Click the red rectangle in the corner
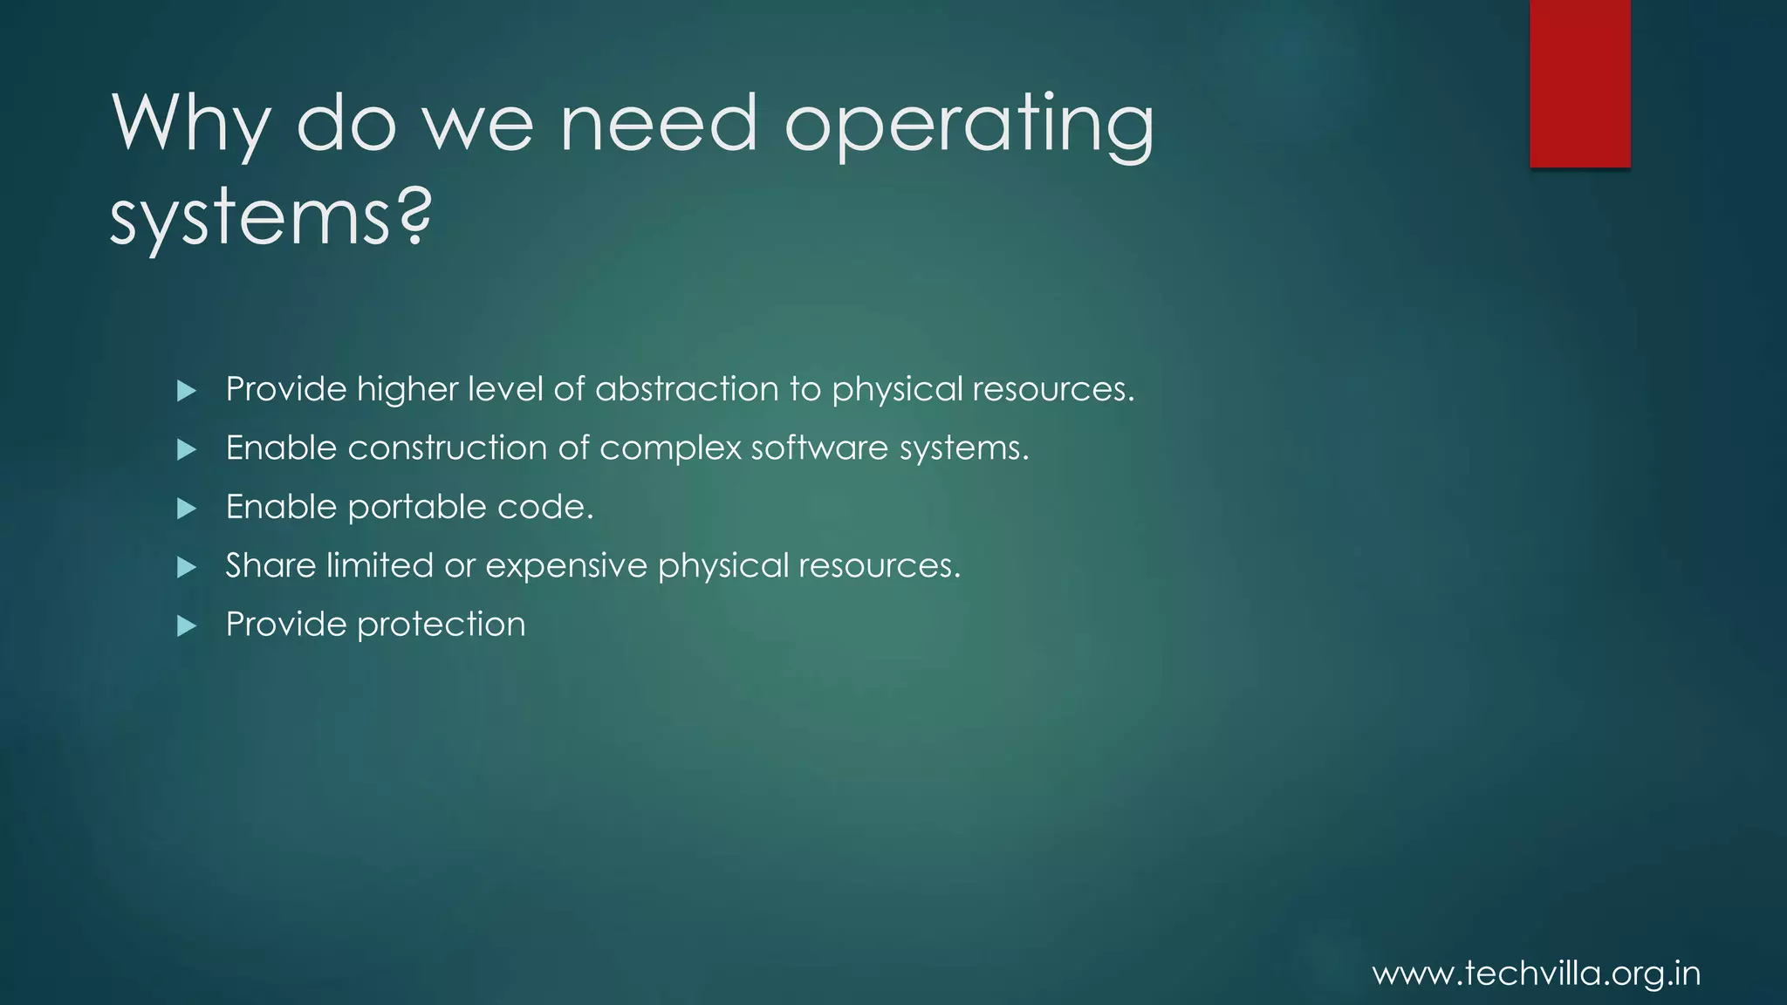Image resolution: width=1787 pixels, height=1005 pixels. click(x=1579, y=83)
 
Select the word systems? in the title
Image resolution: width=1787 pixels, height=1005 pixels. click(x=270, y=218)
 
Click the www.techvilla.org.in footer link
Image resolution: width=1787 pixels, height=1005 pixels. click(x=1537, y=974)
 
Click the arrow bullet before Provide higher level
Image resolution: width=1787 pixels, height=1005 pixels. click(x=186, y=391)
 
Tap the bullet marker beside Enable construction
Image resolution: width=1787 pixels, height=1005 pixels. click(x=186, y=449)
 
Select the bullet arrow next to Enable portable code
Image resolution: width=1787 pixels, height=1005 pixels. click(x=186, y=509)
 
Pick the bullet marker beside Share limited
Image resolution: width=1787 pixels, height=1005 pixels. click(x=186, y=568)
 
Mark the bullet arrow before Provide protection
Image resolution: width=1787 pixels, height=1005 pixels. click(x=186, y=626)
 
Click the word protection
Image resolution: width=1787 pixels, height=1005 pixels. click(x=442, y=626)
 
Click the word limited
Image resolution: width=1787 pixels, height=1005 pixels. click(x=380, y=565)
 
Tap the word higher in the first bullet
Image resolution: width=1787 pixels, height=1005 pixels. click(x=407, y=390)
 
